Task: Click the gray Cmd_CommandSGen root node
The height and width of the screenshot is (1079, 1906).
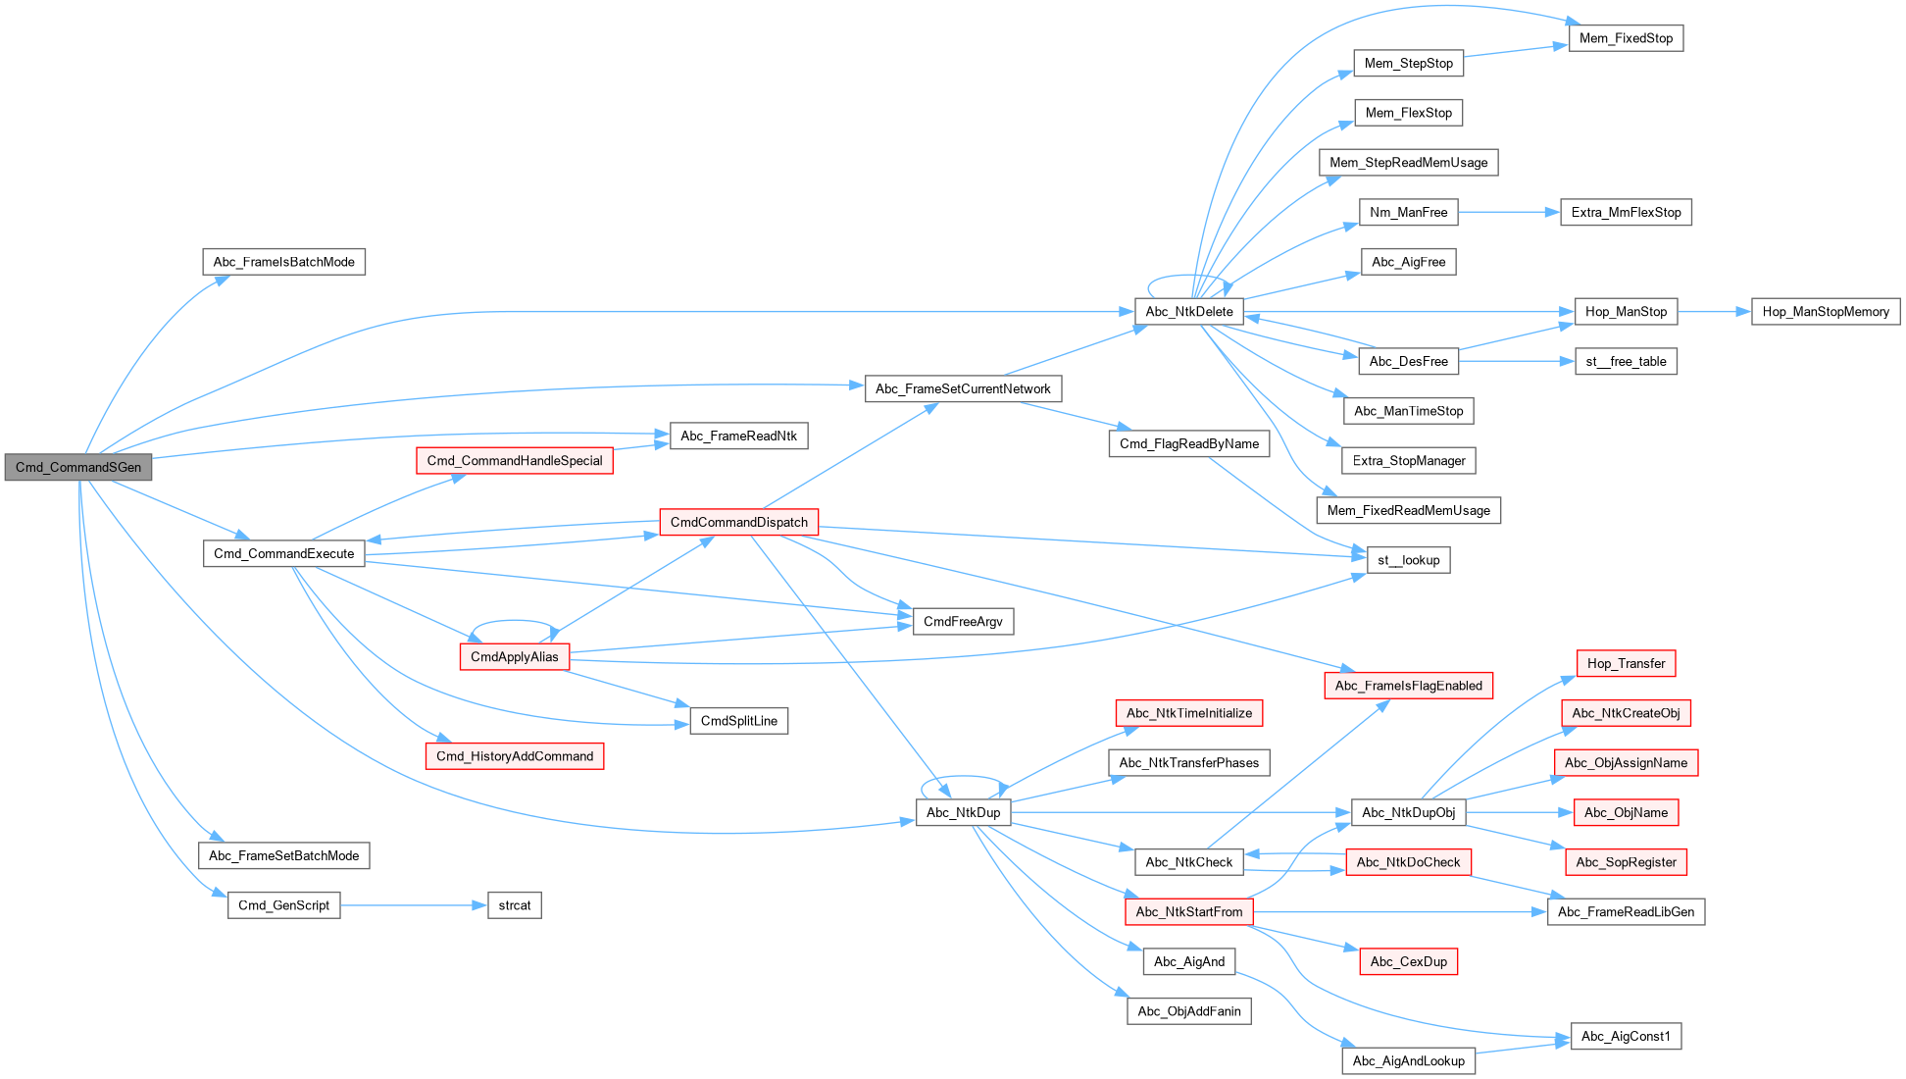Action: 78,467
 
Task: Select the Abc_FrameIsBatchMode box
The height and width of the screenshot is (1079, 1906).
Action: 283,262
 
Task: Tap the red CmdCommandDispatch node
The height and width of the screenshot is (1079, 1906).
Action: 738,522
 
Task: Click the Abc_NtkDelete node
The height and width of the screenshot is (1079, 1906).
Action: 1188,312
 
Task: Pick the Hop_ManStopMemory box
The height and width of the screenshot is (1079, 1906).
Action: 1825,312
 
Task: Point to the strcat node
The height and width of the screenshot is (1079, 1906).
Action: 514,905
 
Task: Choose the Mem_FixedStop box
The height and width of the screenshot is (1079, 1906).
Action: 1626,38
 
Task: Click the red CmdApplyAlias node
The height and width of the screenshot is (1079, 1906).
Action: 514,657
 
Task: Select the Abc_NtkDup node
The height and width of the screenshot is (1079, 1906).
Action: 963,812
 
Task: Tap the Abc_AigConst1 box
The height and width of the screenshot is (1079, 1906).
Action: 1625,1036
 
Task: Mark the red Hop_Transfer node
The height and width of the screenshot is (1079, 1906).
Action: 1626,663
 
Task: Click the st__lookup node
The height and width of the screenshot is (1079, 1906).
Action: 1408,560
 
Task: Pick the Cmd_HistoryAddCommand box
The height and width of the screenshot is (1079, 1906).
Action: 514,756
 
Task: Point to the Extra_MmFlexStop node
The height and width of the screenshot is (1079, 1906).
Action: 1626,212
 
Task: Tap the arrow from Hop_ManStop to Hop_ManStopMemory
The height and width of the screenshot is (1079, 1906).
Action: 1714,312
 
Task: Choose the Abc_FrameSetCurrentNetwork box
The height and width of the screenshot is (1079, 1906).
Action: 963,388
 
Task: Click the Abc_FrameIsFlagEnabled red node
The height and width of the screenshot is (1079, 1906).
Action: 1408,686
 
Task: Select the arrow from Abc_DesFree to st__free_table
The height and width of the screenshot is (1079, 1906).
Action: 1516,361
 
